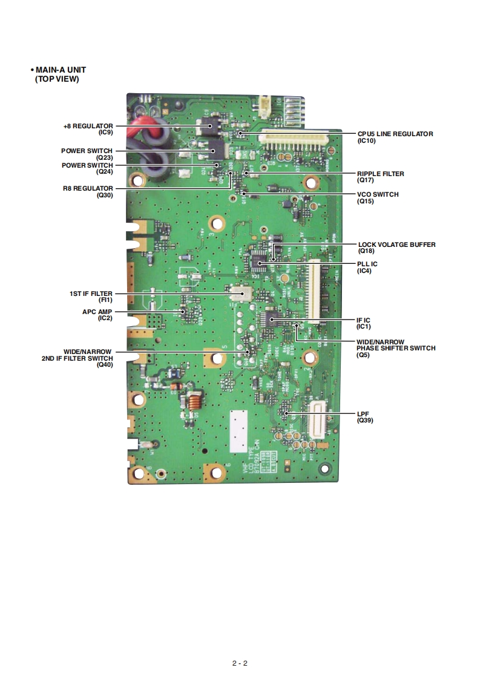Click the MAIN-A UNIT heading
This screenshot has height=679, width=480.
click(x=60, y=70)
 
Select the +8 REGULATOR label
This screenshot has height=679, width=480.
click(x=88, y=126)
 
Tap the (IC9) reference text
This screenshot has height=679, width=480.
click(x=105, y=132)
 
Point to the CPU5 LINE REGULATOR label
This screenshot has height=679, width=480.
click(x=395, y=134)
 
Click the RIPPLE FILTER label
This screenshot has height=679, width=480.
click(x=380, y=174)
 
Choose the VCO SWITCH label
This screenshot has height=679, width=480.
click(x=378, y=194)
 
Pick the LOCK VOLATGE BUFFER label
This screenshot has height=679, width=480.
click(x=396, y=244)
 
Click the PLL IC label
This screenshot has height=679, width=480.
click(x=367, y=264)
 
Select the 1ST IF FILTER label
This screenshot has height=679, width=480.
click(x=91, y=294)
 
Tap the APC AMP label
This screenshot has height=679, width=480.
click(x=97, y=312)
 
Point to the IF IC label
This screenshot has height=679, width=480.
click(x=363, y=320)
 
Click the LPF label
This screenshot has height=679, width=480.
click(x=363, y=413)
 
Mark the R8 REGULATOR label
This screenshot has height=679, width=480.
click(x=88, y=188)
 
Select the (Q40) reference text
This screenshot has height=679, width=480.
click(x=104, y=364)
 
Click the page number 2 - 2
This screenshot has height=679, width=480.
click(x=240, y=663)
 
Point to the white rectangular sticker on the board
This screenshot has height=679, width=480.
click(x=242, y=429)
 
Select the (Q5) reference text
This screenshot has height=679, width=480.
click(x=364, y=355)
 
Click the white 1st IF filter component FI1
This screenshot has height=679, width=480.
click(x=243, y=294)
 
